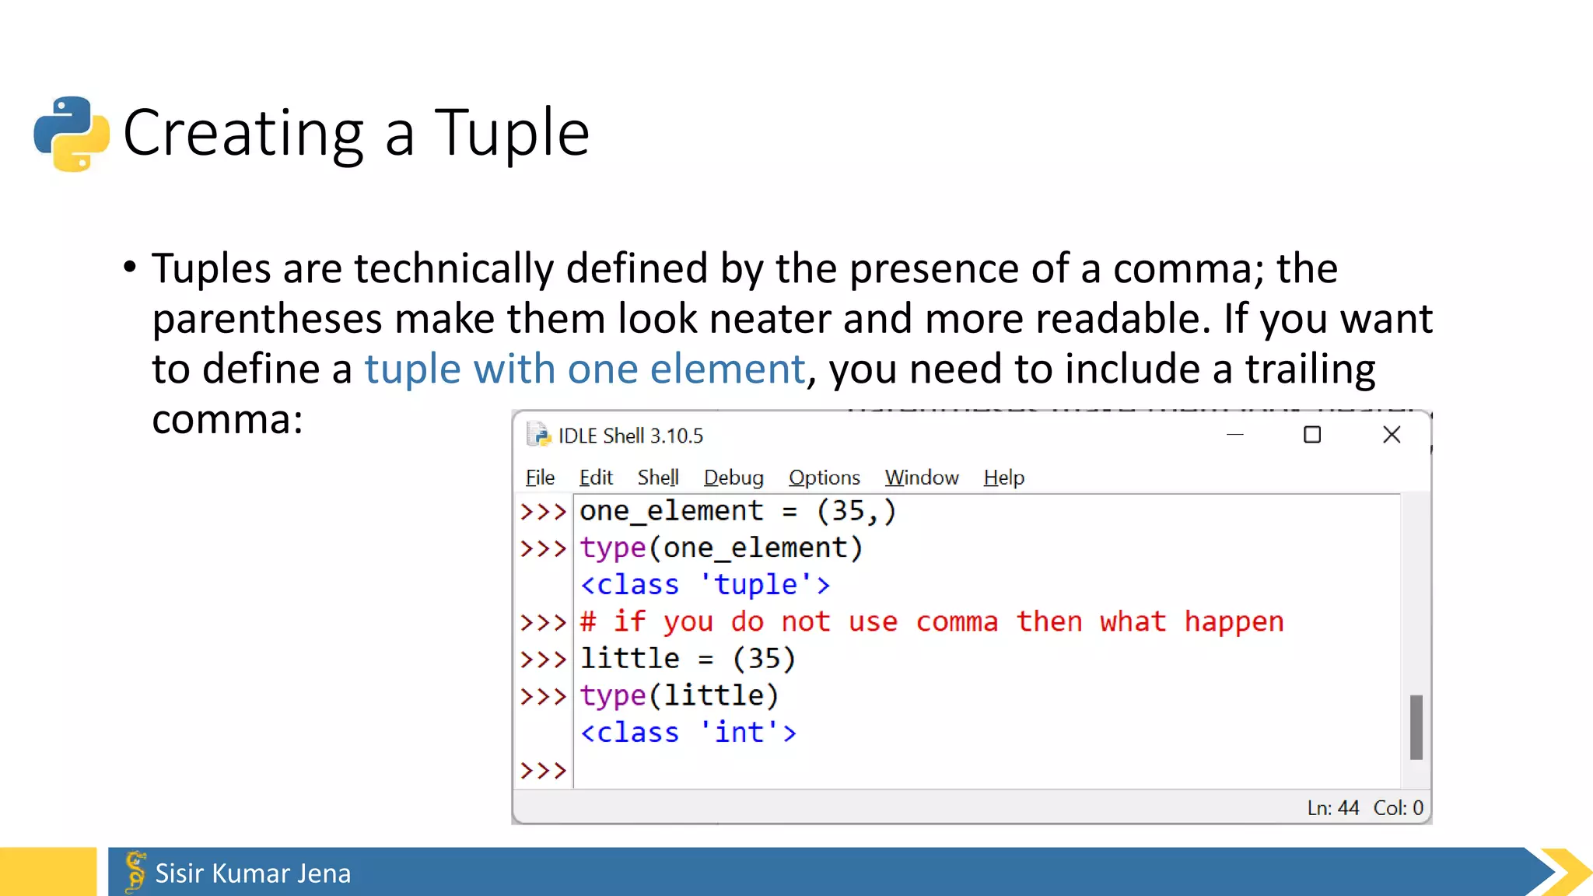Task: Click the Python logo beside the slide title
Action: tap(72, 133)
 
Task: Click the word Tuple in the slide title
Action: tap(512, 133)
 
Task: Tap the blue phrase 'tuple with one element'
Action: tap(584, 369)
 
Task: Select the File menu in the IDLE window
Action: tap(540, 478)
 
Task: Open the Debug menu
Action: tap(733, 478)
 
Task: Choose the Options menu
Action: tap(824, 478)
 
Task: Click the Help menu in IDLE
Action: tap(1003, 478)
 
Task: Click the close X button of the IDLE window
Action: tap(1392, 435)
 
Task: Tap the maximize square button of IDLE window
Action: tap(1312, 435)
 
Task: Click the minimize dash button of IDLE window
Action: tap(1235, 435)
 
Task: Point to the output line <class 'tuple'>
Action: tap(705, 585)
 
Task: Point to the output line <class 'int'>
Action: tap(688, 733)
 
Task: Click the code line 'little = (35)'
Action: tap(688, 659)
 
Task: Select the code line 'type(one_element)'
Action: tap(721, 548)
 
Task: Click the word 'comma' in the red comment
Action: tap(956, 622)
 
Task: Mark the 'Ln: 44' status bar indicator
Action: tap(1332, 808)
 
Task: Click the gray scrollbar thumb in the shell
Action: tap(1416, 727)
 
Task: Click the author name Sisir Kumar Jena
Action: tap(253, 873)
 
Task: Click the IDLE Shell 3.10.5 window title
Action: tap(630, 436)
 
